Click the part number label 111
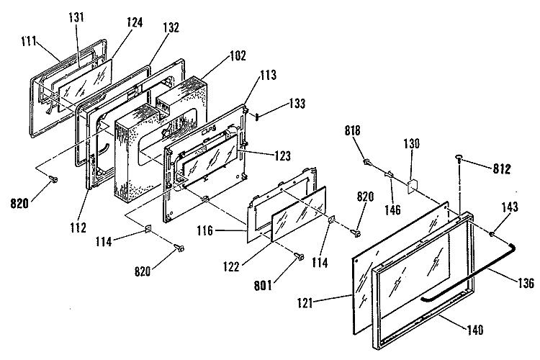pyautogui.click(x=29, y=41)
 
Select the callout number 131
pyautogui.click(x=76, y=17)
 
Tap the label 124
pyautogui.click(x=135, y=22)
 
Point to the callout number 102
pyautogui.click(x=238, y=55)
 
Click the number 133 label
pyautogui.click(x=297, y=104)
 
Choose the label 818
pyautogui.click(x=352, y=130)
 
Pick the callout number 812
pyautogui.click(x=501, y=168)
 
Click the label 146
pyautogui.click(x=392, y=210)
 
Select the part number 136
pyautogui.click(x=526, y=283)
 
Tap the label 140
pyautogui.click(x=475, y=330)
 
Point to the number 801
pyautogui.click(x=263, y=286)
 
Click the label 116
pyautogui.click(x=205, y=230)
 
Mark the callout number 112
pyautogui.click(x=78, y=228)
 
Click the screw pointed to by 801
pyautogui.click(x=300, y=256)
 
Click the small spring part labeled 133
pyautogui.click(x=257, y=116)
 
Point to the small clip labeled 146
pyautogui.click(x=389, y=174)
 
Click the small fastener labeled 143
pyautogui.click(x=491, y=234)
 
